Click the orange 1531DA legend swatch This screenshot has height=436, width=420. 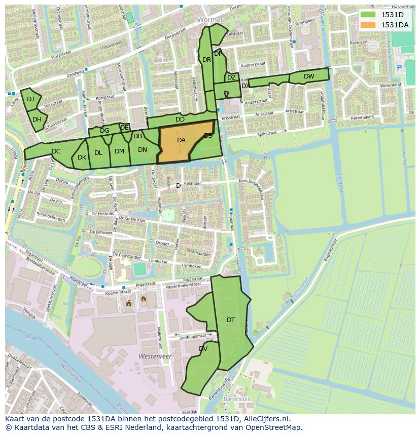click(x=369, y=25)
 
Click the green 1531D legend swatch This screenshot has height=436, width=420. click(x=369, y=15)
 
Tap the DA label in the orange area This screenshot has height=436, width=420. click(x=181, y=140)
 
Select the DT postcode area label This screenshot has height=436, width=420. click(x=231, y=320)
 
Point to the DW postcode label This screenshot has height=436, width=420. click(x=309, y=76)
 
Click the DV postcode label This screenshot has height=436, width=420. click(x=203, y=349)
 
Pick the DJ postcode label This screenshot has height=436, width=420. click(x=30, y=99)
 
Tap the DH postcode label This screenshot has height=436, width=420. click(x=37, y=120)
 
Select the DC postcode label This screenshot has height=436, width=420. click(x=56, y=151)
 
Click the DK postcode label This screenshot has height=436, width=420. click(x=82, y=157)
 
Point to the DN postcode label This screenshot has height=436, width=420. click(x=142, y=149)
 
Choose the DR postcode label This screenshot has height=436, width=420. click(x=206, y=59)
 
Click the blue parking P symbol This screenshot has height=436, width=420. click(x=399, y=67)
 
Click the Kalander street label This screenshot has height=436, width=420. click(x=193, y=183)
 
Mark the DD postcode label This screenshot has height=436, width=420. click(x=180, y=120)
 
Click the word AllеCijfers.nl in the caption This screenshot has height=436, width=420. click(x=264, y=419)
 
